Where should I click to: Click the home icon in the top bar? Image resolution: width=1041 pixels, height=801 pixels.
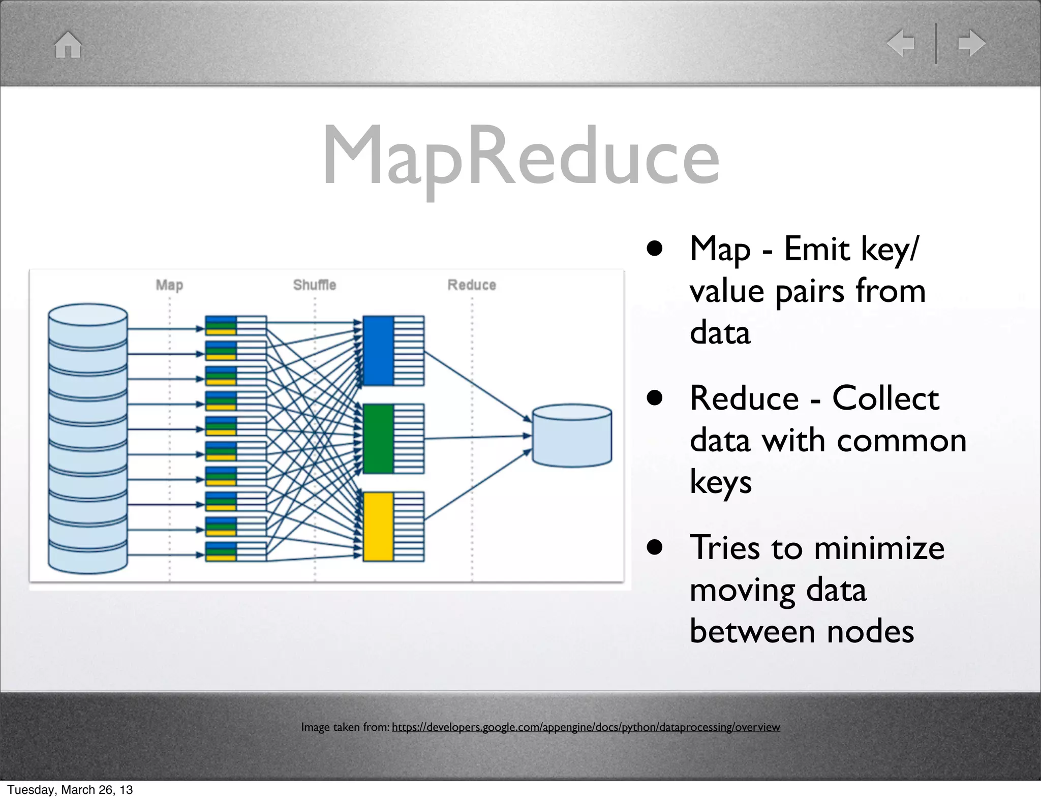(68, 45)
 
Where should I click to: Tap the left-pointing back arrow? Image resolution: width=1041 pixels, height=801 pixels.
(901, 43)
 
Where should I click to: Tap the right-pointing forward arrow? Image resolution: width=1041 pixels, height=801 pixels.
(971, 43)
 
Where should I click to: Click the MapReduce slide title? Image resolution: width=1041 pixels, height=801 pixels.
(520, 157)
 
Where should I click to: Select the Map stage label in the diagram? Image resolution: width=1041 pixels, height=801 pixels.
(169, 285)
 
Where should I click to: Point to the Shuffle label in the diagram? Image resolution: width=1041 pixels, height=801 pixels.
(315, 285)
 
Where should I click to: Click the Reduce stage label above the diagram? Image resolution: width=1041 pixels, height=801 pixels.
(472, 285)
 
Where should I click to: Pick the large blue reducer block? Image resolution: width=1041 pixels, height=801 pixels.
(378, 351)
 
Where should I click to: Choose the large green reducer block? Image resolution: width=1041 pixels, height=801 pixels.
(378, 439)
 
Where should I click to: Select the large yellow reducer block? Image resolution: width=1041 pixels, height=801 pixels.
(378, 527)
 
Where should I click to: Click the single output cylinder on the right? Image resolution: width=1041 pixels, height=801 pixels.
(572, 436)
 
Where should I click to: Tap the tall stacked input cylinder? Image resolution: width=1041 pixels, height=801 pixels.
(88, 439)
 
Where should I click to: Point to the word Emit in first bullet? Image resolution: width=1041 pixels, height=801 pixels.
(816, 249)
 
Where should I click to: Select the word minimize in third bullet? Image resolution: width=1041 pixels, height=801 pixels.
(879, 548)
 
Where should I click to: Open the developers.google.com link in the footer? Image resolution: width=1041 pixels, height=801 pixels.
(586, 727)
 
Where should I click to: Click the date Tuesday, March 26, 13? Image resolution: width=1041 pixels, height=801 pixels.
(70, 789)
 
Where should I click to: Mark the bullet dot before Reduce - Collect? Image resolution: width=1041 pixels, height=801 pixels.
(655, 398)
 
